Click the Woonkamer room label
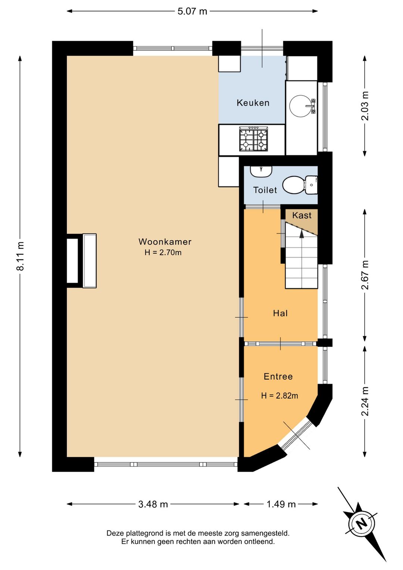pos(165,242)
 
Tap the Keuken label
pos(253,103)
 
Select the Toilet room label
pos(265,190)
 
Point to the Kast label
pos(302,215)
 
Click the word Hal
pos(281,313)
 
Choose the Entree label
pos(278,377)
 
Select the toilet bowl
pos(300,185)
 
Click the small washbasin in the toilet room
pos(261,171)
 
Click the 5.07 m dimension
pos(192,11)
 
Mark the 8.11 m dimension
pos(20,256)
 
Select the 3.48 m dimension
pos(153,504)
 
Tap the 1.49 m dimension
pos(281,504)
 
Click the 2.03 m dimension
pos(365,106)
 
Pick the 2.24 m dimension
pos(365,401)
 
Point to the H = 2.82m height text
pos(279,396)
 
